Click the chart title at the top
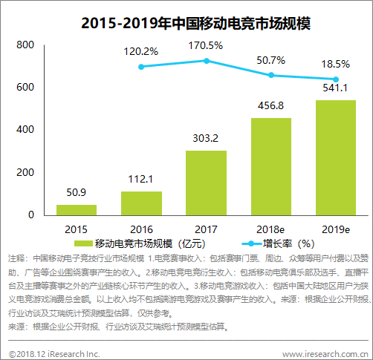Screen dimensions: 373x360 (195, 24)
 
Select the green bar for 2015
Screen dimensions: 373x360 (77, 210)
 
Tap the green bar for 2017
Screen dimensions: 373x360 (206, 183)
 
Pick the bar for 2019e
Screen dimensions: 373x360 (336, 158)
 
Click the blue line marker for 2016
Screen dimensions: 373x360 (141, 67)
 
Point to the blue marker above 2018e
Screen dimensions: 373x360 (271, 75)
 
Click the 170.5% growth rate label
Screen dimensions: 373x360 (206, 45)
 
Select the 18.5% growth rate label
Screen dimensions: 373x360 (336, 64)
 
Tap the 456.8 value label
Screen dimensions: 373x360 (270, 105)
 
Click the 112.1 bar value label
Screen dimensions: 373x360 (140, 179)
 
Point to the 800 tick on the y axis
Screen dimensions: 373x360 (25, 45)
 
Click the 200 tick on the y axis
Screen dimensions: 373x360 (25, 172)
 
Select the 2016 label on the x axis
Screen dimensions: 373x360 (141, 229)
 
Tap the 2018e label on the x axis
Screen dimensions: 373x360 (270, 229)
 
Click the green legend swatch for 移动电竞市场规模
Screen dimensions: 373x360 (83, 243)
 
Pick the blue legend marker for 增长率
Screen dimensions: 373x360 (252, 244)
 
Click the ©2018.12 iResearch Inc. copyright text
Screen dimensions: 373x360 (54, 354)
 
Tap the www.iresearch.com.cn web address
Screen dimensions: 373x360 (325, 354)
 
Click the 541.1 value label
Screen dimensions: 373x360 (335, 88)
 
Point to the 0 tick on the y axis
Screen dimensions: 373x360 (31, 215)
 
